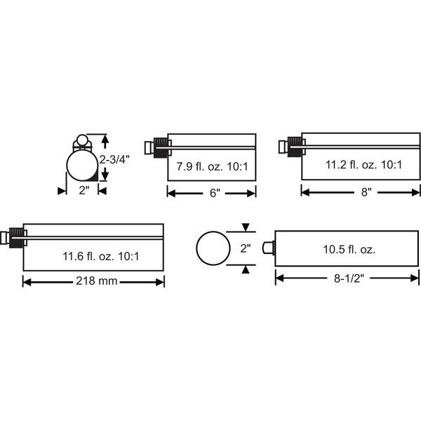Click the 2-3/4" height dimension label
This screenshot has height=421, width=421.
tap(114, 160)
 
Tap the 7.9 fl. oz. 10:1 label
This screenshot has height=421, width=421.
tap(212, 167)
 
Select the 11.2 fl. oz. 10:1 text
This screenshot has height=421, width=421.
tap(363, 165)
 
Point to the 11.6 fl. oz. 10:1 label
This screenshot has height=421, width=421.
tap(101, 256)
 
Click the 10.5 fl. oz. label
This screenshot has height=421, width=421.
tap(349, 250)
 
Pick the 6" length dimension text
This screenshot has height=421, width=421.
tap(215, 193)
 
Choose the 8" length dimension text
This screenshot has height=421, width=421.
tap(366, 192)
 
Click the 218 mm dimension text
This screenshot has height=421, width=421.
tap(97, 281)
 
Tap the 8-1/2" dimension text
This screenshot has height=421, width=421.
tap(349, 279)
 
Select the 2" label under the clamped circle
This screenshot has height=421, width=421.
tap(83, 191)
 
